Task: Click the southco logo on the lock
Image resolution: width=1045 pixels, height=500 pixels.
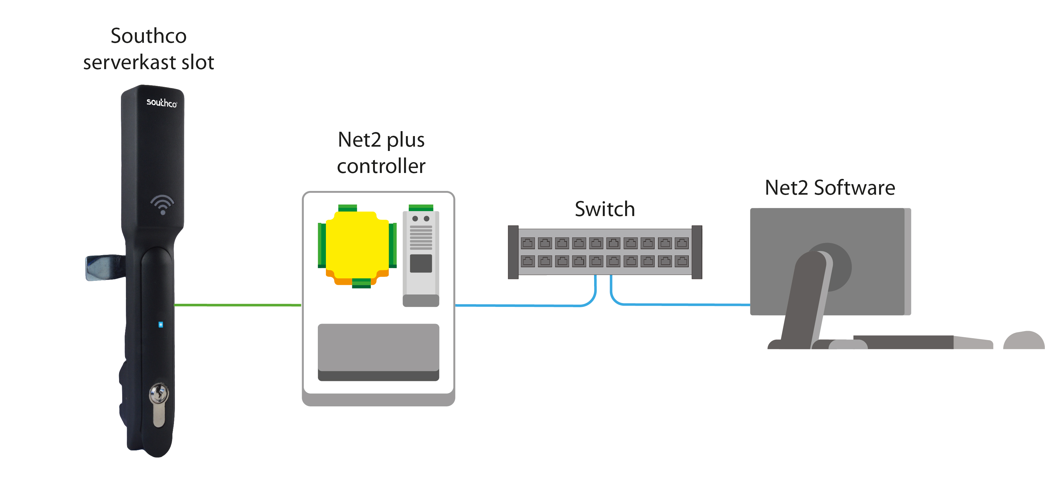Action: [162, 103]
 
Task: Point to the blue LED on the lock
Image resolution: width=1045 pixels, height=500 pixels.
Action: [161, 325]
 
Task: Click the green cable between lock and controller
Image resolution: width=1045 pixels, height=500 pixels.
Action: [237, 304]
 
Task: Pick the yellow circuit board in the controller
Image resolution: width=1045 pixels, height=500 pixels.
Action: [357, 245]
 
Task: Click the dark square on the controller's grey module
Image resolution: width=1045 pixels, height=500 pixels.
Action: [421, 263]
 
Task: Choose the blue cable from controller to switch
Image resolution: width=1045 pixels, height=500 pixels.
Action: [527, 305]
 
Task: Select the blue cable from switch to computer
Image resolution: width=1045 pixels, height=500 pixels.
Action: [682, 304]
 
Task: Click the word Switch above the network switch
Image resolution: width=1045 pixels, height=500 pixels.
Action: [604, 209]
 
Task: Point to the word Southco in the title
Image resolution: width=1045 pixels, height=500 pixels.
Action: [149, 36]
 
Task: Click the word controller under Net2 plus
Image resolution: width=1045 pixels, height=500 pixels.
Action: [381, 166]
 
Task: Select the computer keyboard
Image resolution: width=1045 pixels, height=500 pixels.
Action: [913, 342]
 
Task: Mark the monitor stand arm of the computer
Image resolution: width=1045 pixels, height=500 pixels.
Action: [805, 300]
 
